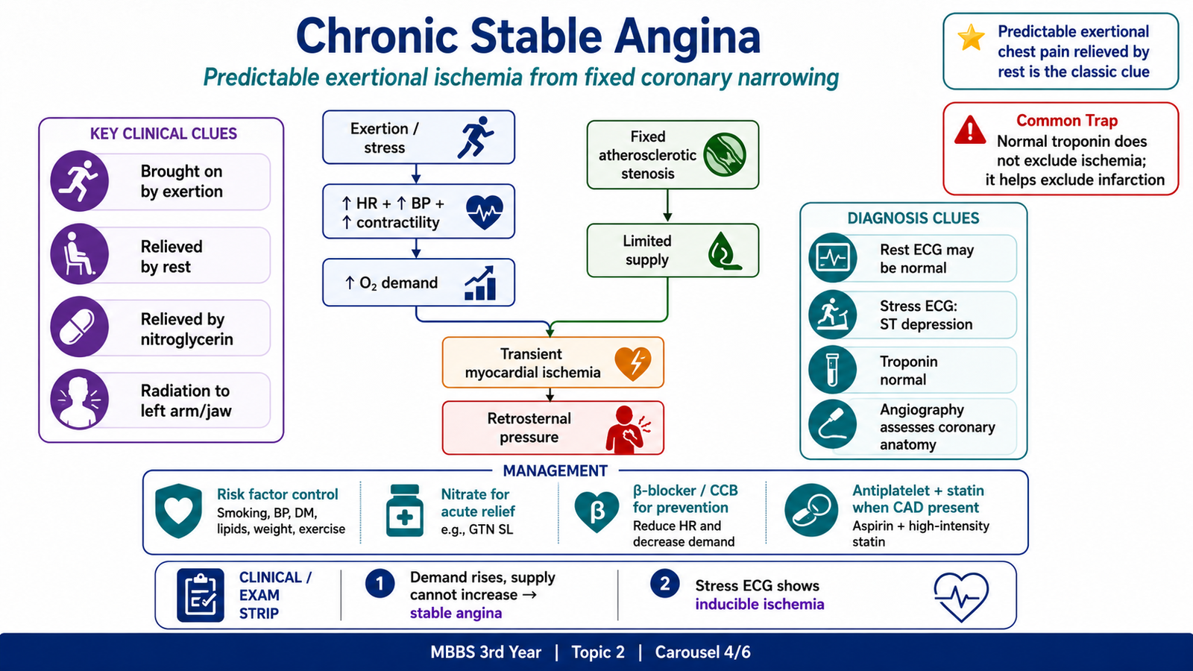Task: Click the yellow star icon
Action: [x=971, y=38]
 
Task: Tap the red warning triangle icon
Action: [x=970, y=130]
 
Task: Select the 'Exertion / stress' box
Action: [x=418, y=137]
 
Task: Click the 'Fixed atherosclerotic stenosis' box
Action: [x=673, y=155]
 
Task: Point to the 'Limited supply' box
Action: [x=673, y=251]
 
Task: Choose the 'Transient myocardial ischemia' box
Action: [x=553, y=362]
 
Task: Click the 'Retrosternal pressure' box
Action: [x=553, y=428]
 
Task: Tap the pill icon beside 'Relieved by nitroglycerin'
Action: [x=79, y=327]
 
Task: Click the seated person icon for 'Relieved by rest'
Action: [x=79, y=253]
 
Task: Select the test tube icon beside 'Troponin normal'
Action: [x=832, y=370]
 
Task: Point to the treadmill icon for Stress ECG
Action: [x=832, y=314]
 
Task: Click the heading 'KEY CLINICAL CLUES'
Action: [x=163, y=133]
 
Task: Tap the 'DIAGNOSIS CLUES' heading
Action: [x=913, y=218]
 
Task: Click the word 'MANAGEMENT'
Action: [x=555, y=470]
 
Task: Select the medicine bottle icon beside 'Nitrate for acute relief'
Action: [x=405, y=511]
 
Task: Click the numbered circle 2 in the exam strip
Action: [x=664, y=583]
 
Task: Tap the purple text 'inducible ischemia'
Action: [x=760, y=605]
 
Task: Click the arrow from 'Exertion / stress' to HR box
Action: [x=416, y=174]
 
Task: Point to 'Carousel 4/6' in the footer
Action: [x=702, y=652]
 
